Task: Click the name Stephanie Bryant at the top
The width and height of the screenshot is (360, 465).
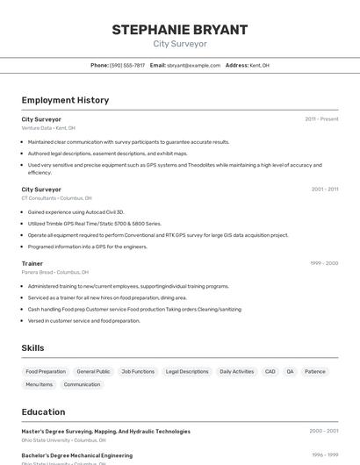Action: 180,29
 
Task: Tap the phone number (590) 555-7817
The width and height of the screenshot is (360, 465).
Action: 127,65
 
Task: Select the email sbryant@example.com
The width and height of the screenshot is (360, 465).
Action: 194,65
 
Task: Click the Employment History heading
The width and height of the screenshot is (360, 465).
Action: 65,100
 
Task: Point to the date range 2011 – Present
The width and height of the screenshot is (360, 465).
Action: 321,118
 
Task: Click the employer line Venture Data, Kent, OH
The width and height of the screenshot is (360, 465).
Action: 48,128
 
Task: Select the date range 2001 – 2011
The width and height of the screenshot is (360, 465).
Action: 324,189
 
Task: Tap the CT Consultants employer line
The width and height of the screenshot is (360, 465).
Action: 56,198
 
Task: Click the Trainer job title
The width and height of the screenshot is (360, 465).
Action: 32,263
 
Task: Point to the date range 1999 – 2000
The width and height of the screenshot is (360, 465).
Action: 324,263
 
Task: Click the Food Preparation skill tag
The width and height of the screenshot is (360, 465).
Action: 46,371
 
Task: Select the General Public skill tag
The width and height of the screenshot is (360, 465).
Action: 93,371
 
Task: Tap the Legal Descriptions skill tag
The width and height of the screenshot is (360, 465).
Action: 187,371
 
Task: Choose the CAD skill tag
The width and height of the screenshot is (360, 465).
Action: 270,371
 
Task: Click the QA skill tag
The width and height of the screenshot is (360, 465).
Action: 290,371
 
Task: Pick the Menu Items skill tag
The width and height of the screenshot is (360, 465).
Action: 40,384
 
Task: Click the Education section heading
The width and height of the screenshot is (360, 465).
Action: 43,411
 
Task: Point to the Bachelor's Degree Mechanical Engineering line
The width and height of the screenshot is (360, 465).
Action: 77,455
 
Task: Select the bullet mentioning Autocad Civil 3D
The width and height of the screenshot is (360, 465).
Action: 76,211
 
